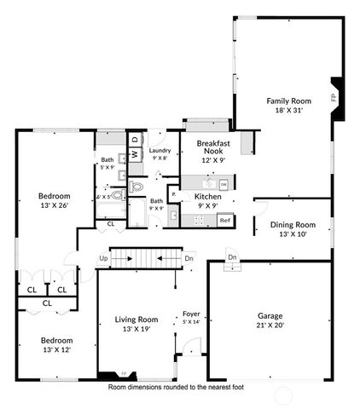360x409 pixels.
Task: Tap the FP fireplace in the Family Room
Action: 334,96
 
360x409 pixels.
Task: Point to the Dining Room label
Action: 293,224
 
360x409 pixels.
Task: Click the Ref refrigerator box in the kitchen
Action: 224,221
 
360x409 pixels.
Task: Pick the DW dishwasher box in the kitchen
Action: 223,184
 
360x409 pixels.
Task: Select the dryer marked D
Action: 134,139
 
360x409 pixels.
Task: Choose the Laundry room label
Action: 160,151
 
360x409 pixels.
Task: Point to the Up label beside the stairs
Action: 103,258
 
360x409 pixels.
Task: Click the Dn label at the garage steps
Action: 231,256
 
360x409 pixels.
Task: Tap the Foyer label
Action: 191,314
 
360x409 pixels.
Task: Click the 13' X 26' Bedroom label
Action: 53,204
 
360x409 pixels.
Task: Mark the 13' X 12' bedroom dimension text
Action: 57,350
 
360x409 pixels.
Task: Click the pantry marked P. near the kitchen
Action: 174,194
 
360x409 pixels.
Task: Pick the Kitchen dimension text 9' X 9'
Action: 207,204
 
